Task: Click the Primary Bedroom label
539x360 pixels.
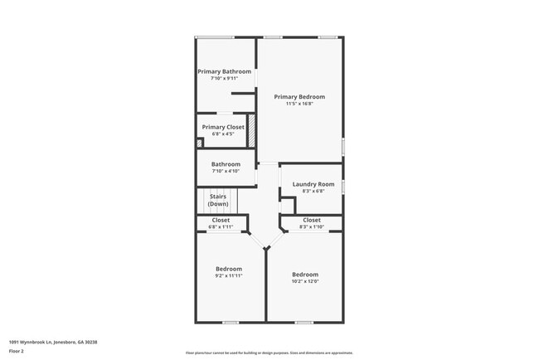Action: coord(299,97)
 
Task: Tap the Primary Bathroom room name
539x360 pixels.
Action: coord(224,71)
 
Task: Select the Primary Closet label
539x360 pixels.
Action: coord(223,127)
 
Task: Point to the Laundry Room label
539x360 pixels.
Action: coord(313,183)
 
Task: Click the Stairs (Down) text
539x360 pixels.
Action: coord(218,200)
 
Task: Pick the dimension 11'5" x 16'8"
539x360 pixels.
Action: coord(299,104)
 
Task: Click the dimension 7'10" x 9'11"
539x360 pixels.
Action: coord(224,78)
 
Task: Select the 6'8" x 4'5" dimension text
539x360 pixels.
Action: coord(223,134)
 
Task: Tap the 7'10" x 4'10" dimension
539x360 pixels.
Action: coord(226,171)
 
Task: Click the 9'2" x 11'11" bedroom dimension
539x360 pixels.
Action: coord(229,275)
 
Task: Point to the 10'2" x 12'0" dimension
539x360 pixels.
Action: coord(304,281)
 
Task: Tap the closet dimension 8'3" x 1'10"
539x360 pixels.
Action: coord(311,226)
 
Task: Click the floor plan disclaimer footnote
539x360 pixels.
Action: coord(269,353)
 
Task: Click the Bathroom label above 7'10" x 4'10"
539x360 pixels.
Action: coord(226,164)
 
